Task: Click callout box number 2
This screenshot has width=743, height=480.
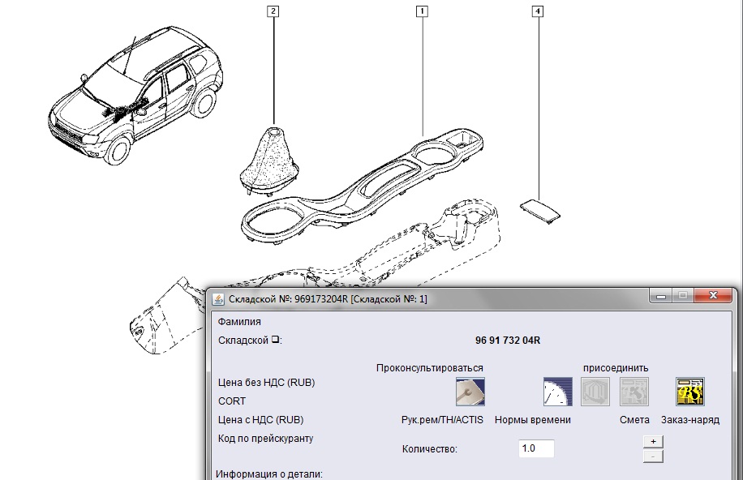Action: [x=273, y=11]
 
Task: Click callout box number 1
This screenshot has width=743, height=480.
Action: [x=422, y=11]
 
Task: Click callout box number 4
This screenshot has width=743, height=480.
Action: [x=537, y=11]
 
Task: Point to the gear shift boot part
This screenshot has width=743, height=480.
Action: [x=269, y=161]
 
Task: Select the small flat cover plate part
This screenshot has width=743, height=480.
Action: [x=540, y=209]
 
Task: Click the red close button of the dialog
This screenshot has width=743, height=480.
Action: [x=713, y=295]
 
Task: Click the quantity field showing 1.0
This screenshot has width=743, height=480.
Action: [x=536, y=448]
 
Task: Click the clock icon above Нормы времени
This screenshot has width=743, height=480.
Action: [x=558, y=392]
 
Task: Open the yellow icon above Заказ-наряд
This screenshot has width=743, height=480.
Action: [x=690, y=392]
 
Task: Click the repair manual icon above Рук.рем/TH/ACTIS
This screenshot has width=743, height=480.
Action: [x=470, y=392]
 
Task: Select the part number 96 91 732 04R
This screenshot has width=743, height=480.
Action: [x=508, y=341]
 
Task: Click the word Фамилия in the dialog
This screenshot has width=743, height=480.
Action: [x=239, y=322]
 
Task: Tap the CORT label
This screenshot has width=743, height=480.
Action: [x=232, y=401]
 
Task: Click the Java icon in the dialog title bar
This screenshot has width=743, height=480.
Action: [x=218, y=299]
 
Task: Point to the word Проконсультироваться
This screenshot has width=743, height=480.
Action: [x=430, y=368]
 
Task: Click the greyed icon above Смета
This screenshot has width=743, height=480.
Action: [x=634, y=392]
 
